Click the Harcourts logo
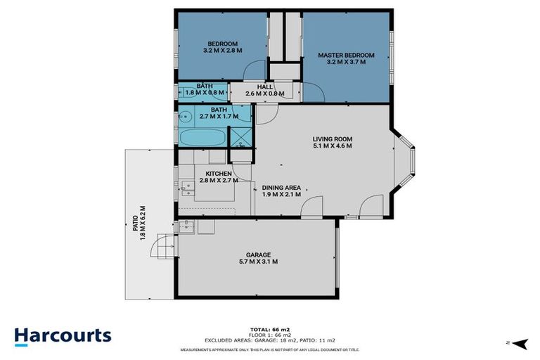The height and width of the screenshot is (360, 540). (x=63, y=335)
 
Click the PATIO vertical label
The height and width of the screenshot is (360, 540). (x=138, y=223)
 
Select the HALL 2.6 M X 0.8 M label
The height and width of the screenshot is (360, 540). (x=264, y=90)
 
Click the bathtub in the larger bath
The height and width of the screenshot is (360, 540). (x=201, y=137)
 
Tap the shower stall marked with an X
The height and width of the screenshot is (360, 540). (x=242, y=134)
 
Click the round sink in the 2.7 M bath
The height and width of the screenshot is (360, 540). (x=186, y=115)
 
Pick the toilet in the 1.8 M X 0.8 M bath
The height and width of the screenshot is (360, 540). (x=184, y=91)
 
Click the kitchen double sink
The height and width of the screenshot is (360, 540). (x=187, y=187)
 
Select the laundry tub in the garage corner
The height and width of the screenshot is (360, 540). (x=186, y=226)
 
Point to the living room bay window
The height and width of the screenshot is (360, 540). (x=407, y=161)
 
